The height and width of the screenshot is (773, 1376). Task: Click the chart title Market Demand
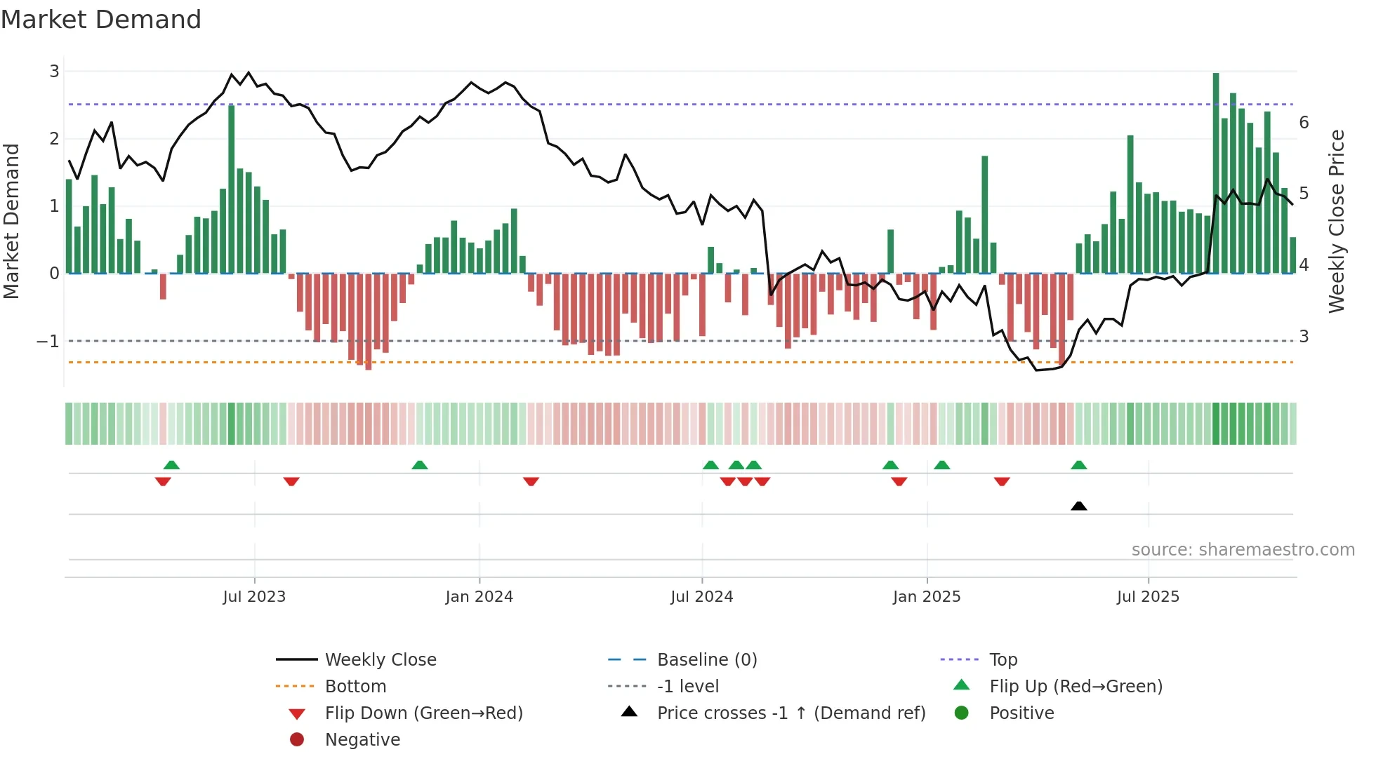(101, 20)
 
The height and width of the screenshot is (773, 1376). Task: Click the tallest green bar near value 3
(1216, 172)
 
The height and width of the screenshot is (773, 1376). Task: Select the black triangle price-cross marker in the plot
(1079, 506)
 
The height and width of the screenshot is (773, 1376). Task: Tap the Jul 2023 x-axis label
(254, 597)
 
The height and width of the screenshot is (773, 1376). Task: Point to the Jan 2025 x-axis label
(927, 597)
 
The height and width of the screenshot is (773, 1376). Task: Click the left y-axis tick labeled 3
(54, 71)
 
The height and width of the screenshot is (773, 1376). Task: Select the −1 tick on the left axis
(48, 341)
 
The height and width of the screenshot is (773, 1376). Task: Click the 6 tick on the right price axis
(1304, 123)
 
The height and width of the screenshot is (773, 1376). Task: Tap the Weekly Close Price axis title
(1337, 221)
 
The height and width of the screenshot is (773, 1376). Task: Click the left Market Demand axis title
(11, 221)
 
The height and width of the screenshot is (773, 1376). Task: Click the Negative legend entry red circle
(297, 740)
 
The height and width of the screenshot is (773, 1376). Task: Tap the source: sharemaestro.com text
(1243, 550)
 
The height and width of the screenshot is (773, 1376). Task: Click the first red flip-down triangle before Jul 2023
(163, 481)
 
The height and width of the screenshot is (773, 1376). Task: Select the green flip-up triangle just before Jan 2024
(420, 465)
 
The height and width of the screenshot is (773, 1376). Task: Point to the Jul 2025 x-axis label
(1148, 597)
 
